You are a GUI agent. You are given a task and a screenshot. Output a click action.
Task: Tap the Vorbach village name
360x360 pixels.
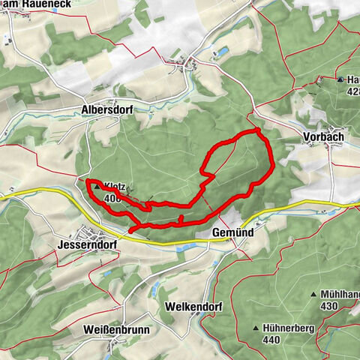325,137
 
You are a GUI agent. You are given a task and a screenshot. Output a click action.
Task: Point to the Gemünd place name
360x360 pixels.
229,233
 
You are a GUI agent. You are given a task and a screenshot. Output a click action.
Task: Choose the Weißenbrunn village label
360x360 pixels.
116,330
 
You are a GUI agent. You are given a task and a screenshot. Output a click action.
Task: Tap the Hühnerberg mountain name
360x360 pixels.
289,328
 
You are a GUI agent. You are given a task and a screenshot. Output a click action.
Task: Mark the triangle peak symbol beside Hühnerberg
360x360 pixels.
256,328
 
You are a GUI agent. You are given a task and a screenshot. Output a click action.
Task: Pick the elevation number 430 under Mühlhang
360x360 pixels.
328,307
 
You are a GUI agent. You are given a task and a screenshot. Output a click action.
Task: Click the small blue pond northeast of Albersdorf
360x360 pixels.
222,52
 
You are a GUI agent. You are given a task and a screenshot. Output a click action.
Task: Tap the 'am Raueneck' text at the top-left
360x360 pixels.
29,5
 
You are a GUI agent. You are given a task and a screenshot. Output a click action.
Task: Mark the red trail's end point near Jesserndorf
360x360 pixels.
130,232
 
